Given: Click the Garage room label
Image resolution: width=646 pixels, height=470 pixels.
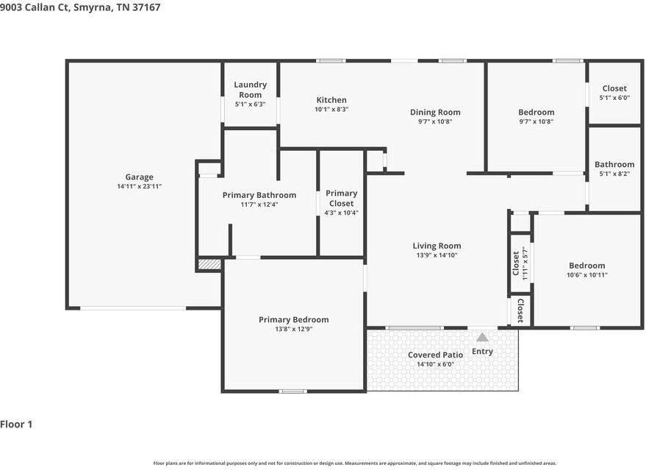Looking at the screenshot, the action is [139, 177].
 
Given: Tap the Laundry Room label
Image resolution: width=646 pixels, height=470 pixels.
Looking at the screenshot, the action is [250, 90].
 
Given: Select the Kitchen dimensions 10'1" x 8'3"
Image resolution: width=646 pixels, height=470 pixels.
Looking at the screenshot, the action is [331, 110].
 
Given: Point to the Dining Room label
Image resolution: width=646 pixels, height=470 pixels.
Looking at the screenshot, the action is [435, 112].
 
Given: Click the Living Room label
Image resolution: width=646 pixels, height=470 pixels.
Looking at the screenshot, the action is [437, 246].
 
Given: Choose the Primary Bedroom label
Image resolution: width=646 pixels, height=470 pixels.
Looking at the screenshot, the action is [294, 319].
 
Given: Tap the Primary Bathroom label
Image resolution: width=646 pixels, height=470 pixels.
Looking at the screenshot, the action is [259, 195].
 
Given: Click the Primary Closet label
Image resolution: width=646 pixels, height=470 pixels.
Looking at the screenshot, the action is [341, 199].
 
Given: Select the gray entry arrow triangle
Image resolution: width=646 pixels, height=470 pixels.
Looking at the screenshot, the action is [482, 338].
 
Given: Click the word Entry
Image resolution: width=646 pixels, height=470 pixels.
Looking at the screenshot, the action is [482, 352].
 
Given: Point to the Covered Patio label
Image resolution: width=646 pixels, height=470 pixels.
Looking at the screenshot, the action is [436, 355].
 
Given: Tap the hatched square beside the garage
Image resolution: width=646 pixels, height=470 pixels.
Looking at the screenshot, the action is [209, 264].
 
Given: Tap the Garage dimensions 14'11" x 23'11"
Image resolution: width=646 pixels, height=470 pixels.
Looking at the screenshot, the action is [139, 186].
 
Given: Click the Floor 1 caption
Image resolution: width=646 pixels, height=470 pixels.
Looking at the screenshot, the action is [16, 424].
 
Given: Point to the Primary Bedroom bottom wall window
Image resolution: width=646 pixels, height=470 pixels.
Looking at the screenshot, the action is [293, 391].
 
